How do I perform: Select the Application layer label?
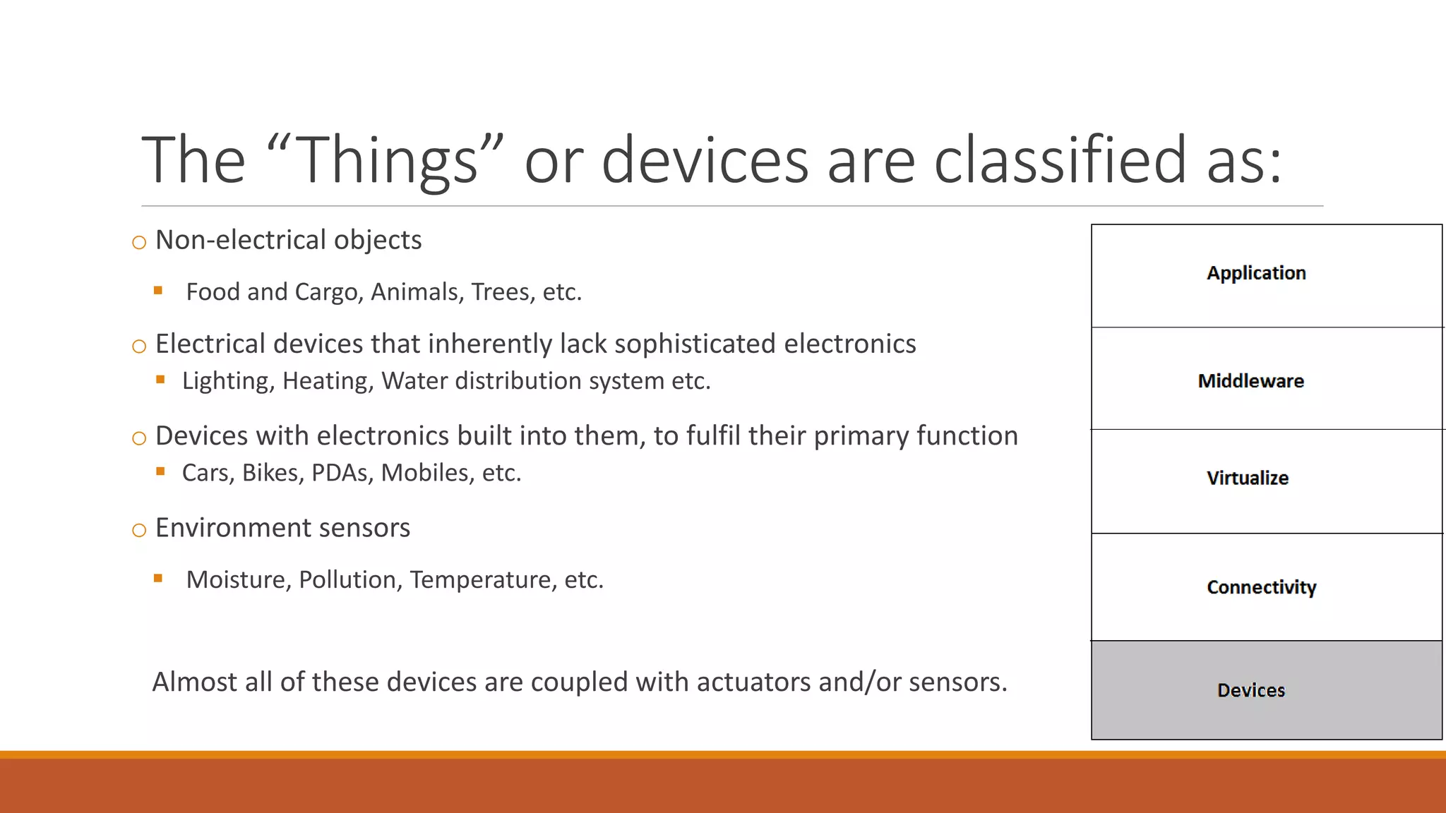[x=1256, y=273]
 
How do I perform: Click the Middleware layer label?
[x=1250, y=381]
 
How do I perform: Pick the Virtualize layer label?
[x=1248, y=478]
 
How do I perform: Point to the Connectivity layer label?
[x=1261, y=587]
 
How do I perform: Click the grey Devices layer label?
[x=1251, y=690]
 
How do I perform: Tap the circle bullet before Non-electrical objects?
[x=139, y=243]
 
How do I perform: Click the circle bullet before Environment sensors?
[x=139, y=530]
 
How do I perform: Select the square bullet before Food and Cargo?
[x=158, y=290]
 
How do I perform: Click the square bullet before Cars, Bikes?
[x=160, y=471]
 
